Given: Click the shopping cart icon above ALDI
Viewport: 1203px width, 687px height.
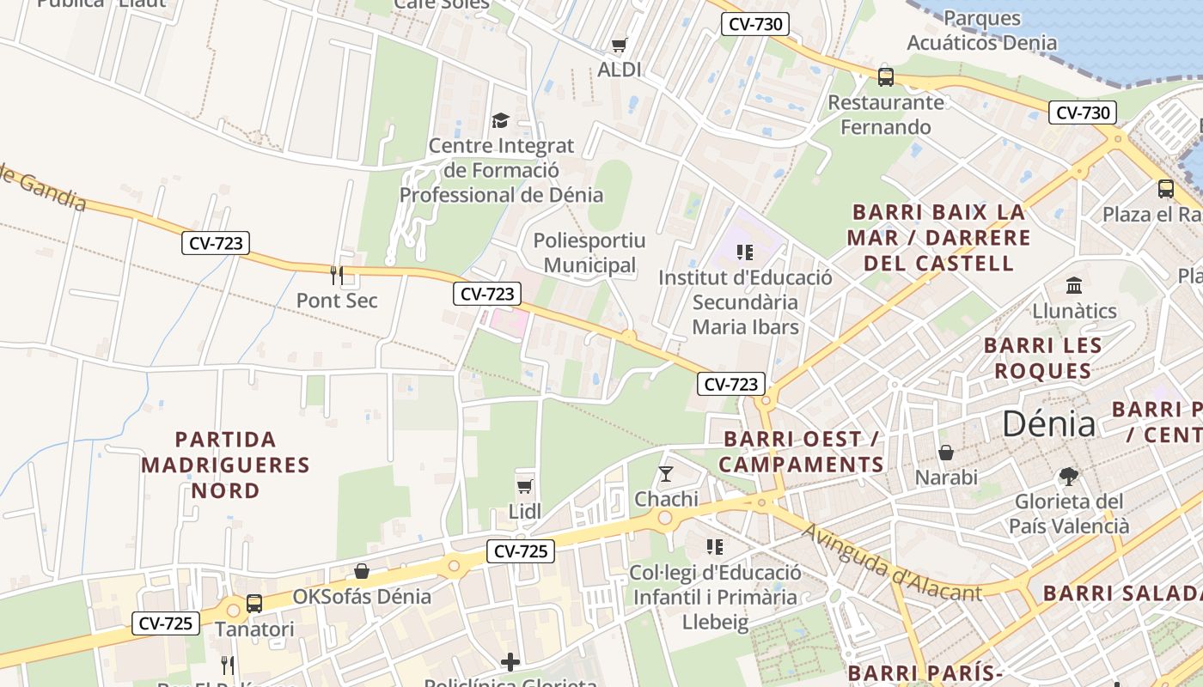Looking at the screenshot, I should click(619, 45).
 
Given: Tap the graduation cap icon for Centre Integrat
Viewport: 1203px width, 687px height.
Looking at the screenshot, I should click(500, 120).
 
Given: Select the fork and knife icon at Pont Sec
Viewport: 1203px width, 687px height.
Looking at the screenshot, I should click(337, 275).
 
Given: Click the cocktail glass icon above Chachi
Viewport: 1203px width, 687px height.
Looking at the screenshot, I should click(666, 473).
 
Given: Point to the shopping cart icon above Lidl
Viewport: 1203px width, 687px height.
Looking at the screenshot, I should click(525, 486).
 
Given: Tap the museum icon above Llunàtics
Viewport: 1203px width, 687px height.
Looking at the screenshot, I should click(1074, 285).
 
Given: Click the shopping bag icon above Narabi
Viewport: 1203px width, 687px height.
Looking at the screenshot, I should click(946, 452).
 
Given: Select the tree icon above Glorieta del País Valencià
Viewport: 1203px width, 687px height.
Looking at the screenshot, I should click(1068, 476).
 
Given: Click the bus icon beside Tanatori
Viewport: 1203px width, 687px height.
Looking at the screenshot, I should click(254, 603).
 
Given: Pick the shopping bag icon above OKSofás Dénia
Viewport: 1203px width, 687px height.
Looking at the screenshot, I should click(363, 571).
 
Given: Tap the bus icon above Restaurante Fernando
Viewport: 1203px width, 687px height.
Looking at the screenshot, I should click(886, 77).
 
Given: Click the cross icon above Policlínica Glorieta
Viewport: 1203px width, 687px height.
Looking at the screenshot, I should click(510, 661).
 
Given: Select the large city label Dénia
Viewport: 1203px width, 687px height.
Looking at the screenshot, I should click(1049, 424).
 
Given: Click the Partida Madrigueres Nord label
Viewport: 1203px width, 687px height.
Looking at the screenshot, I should click(225, 465).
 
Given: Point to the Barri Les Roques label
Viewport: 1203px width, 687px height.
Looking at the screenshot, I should click(1042, 358).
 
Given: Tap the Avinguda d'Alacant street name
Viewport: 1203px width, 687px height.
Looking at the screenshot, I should click(890, 562).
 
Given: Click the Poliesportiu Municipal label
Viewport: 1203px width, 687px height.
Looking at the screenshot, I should click(589, 252).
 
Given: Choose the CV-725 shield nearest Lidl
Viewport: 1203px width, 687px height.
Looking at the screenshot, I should click(521, 551).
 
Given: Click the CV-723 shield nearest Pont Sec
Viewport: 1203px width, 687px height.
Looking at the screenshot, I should click(216, 244).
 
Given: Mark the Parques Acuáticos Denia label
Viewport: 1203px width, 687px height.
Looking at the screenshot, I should click(982, 30).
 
